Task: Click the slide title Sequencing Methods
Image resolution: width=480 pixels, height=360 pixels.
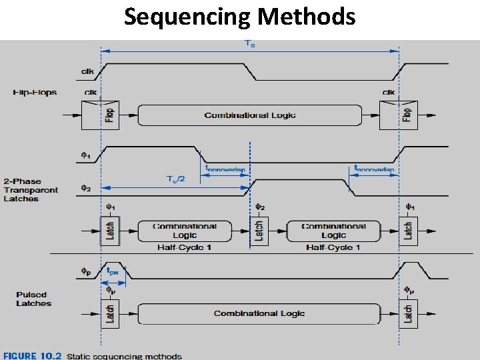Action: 240,16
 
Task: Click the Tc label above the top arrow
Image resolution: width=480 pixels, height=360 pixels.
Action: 250,44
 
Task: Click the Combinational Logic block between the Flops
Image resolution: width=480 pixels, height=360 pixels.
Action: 249,115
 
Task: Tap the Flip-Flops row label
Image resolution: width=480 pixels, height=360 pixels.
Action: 35,92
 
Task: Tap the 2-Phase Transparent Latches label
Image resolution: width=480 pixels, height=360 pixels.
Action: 31,190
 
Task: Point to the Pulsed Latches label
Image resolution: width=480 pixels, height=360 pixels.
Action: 33,299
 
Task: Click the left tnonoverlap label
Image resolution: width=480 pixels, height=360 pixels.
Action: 225,169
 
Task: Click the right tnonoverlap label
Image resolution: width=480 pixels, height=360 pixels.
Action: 373,169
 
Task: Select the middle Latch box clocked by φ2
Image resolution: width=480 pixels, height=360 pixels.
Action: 259,231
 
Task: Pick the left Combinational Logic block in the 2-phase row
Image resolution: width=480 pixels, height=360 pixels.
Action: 185,231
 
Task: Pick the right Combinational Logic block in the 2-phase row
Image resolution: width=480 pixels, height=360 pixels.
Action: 333,231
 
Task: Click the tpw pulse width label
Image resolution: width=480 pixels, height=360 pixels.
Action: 114,271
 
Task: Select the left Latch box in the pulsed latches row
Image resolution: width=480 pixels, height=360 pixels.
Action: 109,313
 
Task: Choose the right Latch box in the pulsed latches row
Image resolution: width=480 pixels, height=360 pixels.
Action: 407,313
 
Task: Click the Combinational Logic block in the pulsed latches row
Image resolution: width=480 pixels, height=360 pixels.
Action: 259,313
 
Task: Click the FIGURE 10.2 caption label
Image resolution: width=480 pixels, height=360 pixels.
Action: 29,355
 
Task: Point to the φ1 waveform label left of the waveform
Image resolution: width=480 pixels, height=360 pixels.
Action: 85,156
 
